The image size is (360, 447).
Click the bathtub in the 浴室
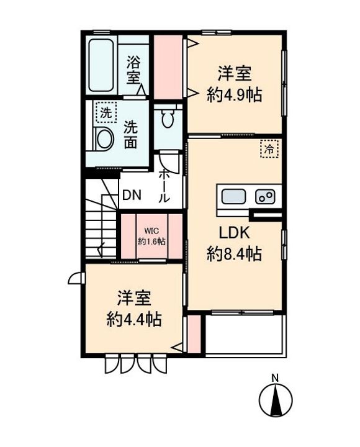[101, 65]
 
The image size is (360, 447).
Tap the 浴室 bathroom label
[133, 70]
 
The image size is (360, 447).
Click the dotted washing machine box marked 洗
[106, 112]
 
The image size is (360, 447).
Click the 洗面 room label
[130, 135]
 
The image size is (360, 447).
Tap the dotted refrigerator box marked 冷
[269, 149]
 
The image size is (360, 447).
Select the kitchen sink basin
[234, 196]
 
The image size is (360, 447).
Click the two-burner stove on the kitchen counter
[265, 197]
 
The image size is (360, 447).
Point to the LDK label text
[234, 233]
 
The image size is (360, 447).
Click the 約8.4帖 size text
[234, 253]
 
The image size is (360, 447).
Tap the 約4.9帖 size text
[234, 94]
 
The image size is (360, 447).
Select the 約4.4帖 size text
[134, 319]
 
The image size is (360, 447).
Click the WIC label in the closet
[151, 230]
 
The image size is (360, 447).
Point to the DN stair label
[132, 196]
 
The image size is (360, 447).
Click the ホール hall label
[164, 186]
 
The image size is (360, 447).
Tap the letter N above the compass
[275, 378]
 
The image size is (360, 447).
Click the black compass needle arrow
[276, 400]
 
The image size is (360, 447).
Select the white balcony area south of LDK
[245, 335]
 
